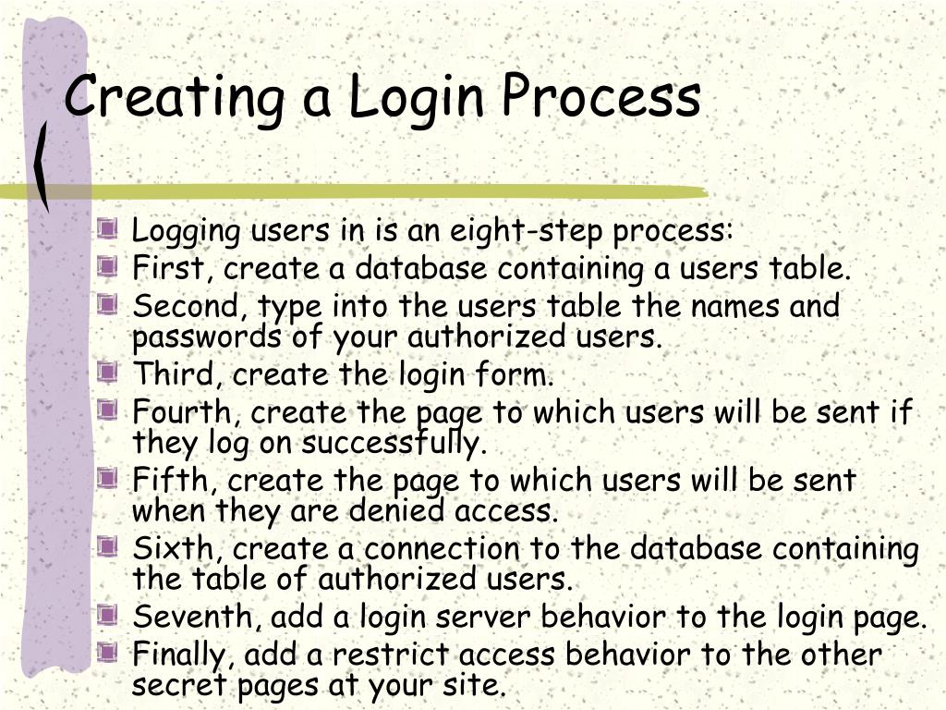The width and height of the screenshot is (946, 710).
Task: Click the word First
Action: point(173,269)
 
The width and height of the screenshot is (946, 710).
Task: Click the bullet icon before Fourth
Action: point(109,408)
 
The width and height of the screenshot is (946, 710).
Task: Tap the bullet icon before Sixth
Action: point(109,546)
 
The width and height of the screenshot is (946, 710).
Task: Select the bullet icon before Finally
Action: point(109,653)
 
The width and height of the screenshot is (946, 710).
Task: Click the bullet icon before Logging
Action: point(109,228)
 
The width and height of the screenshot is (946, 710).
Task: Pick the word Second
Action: point(189,306)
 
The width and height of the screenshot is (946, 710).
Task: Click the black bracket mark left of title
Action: point(42,166)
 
